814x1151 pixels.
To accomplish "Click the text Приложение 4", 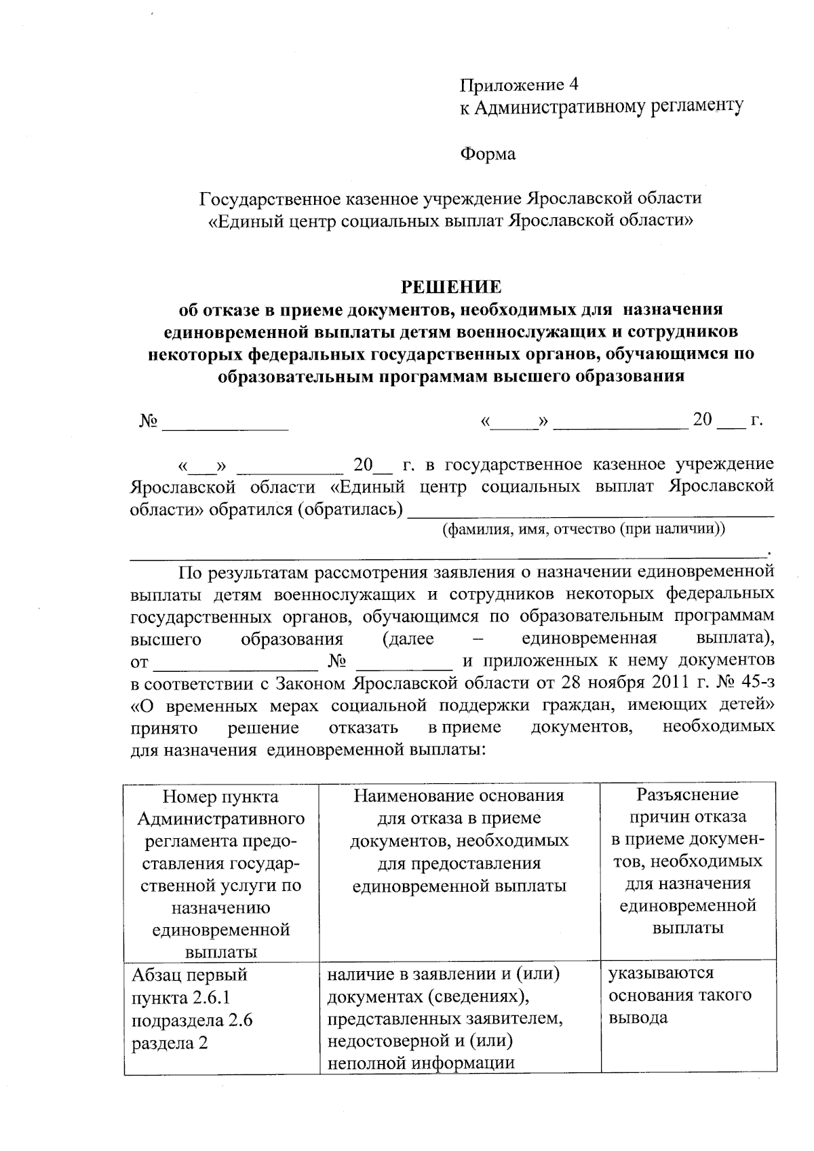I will pos(519,85).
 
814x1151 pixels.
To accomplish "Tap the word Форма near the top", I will pos(488,154).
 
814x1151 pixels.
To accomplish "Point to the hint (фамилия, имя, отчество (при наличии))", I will pos(583,529).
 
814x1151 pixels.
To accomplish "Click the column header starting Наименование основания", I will pos(459,840).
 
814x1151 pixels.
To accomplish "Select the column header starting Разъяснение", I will pos(687,861).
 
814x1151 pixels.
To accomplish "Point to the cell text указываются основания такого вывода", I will pos(680,995).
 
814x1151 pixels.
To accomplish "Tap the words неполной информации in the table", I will pos(421,1062).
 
